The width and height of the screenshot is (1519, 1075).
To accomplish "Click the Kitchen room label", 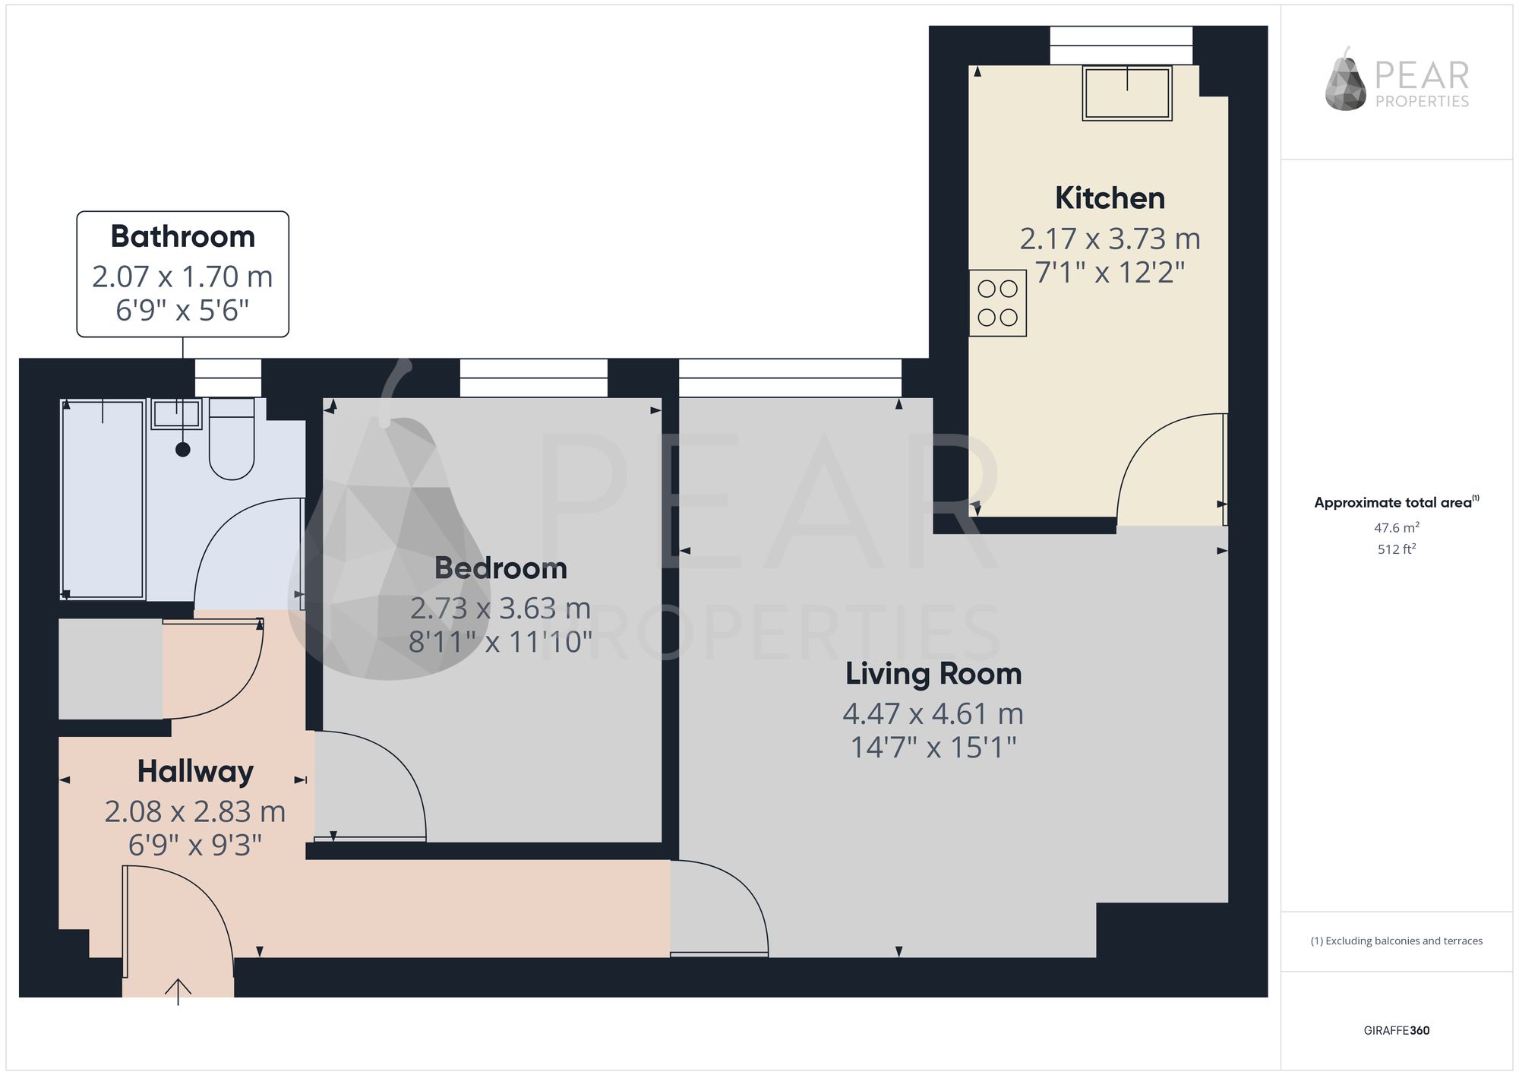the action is click(x=1110, y=198).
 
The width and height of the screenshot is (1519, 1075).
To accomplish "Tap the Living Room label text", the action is click(x=933, y=674).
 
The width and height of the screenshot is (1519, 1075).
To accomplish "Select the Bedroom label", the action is click(x=501, y=568).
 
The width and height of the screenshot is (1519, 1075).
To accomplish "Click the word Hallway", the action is click(x=195, y=772).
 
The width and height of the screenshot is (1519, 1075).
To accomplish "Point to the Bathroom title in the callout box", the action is click(x=183, y=236).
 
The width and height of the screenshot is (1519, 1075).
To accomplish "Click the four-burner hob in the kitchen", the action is click(x=997, y=303).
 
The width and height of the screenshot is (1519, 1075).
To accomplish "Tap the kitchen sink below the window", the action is click(x=1127, y=93).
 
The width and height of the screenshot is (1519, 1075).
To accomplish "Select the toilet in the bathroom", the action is click(x=231, y=439).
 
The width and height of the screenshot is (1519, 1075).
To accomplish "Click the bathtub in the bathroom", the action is click(x=103, y=498).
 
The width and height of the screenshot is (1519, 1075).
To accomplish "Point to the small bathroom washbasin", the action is click(x=176, y=414).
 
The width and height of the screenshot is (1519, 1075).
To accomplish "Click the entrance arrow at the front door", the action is click(x=178, y=991).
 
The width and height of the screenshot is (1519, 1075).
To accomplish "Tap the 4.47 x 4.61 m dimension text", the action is click(x=933, y=714).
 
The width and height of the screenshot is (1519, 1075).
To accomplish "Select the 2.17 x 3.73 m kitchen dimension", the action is click(x=1110, y=239).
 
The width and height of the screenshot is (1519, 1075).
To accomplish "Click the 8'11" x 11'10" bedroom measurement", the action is click(x=501, y=642).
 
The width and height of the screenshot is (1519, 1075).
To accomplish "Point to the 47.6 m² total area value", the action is click(x=1397, y=527).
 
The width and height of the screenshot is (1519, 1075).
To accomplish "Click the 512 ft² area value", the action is click(x=1397, y=549).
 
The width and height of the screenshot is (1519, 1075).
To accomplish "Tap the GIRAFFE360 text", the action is click(x=1397, y=1031).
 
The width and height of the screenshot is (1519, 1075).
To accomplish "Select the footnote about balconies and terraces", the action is click(x=1397, y=941).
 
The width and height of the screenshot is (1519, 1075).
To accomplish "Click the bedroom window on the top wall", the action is click(x=534, y=378).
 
